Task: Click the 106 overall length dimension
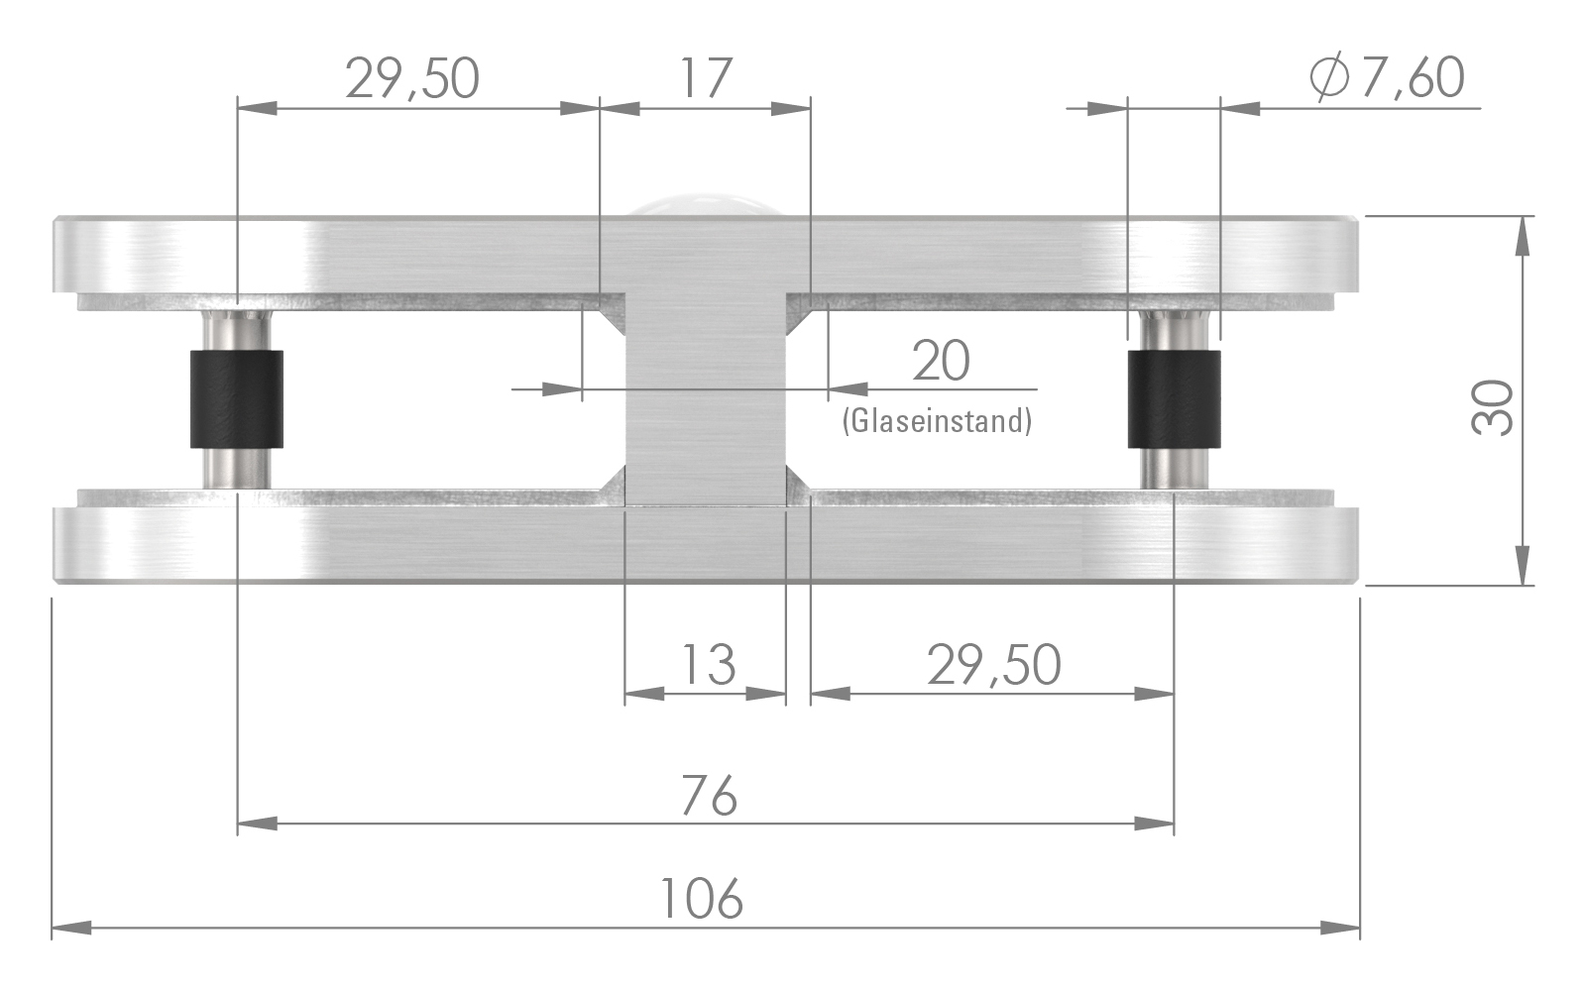point(701,898)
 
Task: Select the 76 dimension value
point(710,796)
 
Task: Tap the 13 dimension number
point(709,665)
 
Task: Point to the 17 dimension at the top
point(706,78)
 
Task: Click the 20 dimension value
point(941,360)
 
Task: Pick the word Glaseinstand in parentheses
point(937,421)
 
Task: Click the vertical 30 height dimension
point(1492,407)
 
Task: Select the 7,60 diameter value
point(1413,78)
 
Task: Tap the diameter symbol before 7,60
point(1329,78)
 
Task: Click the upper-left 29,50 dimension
point(412,78)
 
